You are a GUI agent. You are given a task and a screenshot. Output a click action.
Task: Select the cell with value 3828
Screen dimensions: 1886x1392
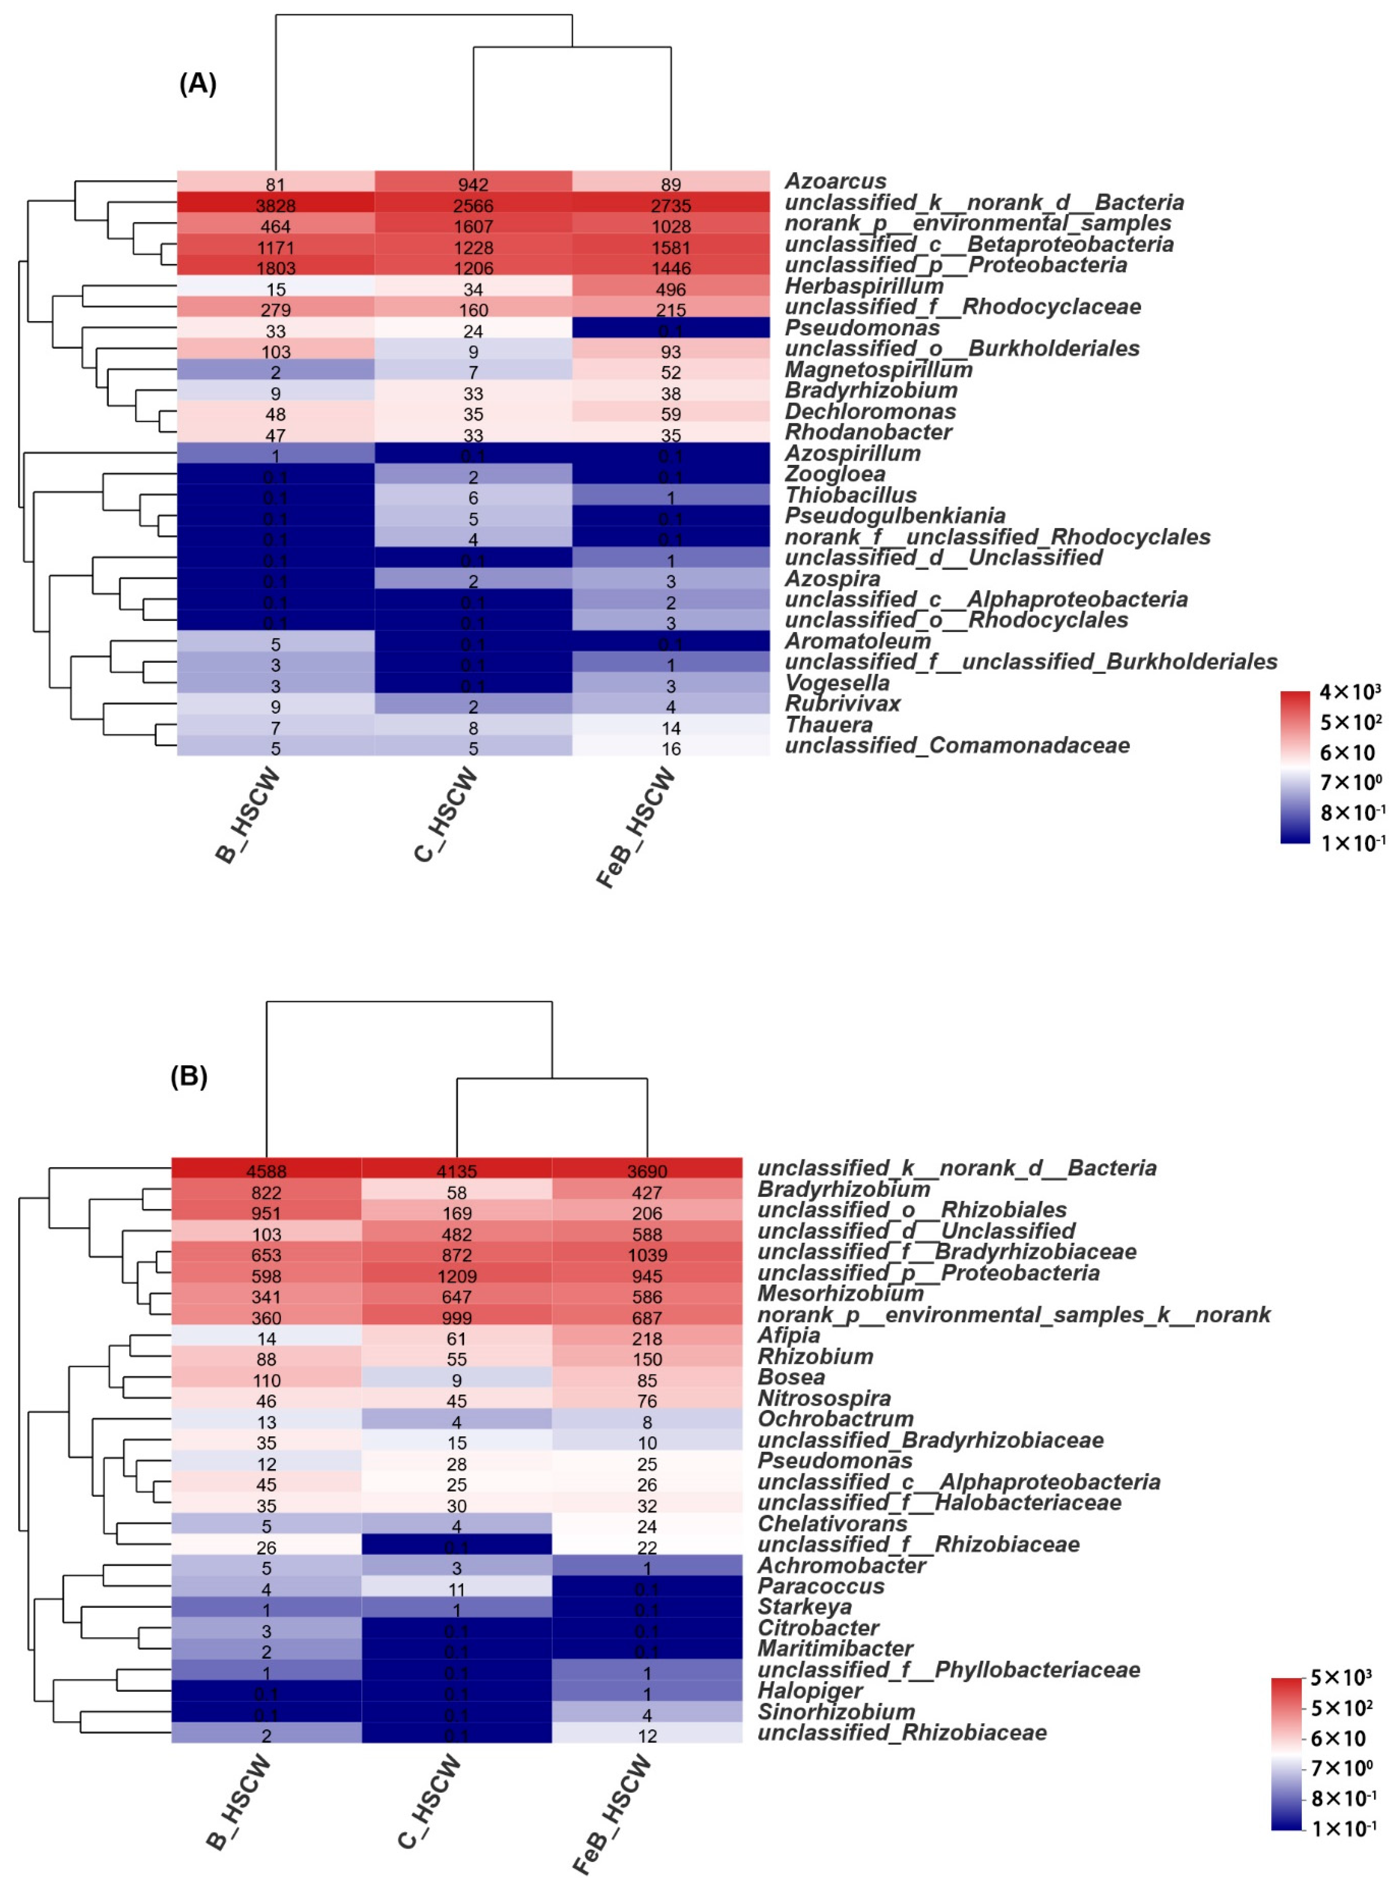(x=275, y=205)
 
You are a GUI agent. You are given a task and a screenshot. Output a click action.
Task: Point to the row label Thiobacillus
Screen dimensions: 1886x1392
(x=850, y=496)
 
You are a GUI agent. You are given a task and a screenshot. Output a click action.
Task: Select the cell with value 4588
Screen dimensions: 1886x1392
(x=266, y=1171)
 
